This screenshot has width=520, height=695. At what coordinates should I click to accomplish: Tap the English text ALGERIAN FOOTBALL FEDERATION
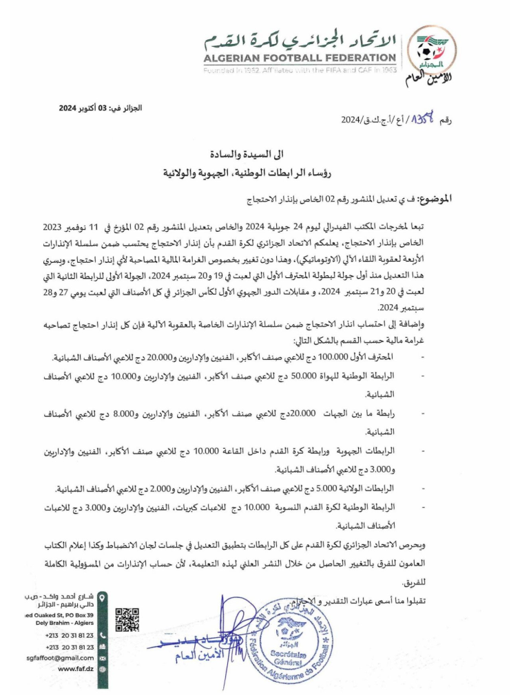300,58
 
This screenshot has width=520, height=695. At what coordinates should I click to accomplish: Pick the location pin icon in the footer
103,599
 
